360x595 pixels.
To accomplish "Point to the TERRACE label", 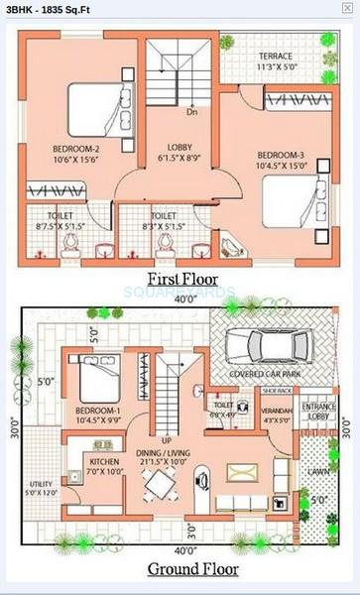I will pos(276,56).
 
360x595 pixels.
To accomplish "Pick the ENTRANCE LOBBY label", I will pos(318,412).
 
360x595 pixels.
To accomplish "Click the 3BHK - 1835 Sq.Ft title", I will pos(49,8).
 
